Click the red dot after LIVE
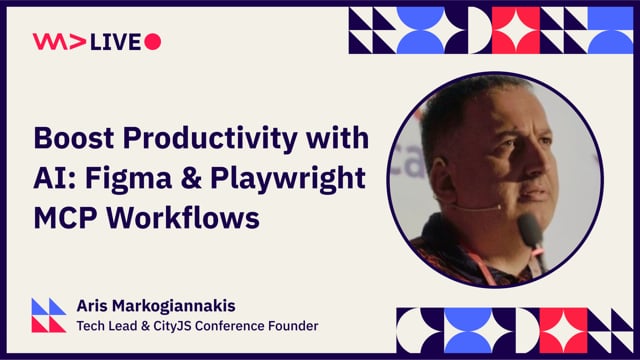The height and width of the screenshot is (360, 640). (153, 41)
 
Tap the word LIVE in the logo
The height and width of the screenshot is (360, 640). (118, 41)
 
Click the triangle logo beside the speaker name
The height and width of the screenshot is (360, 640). (49, 314)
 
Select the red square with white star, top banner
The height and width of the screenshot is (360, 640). (515, 29)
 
